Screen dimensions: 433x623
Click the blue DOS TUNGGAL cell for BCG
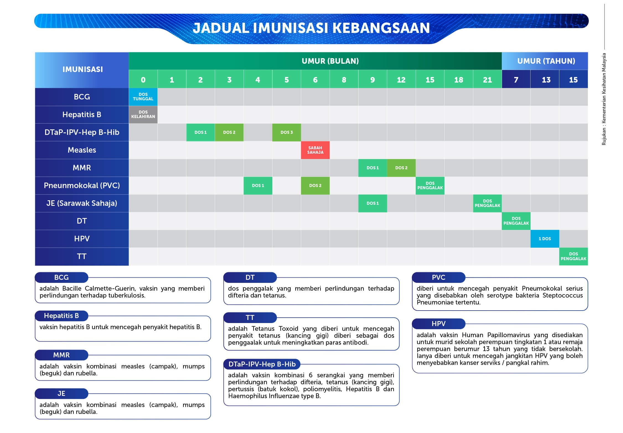(x=143, y=97)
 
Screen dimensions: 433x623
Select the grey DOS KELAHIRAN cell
(x=143, y=114)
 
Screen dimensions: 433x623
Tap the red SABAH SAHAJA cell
(x=315, y=150)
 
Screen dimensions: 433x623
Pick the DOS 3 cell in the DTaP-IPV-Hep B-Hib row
(x=286, y=132)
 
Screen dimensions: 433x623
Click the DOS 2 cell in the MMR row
(x=401, y=168)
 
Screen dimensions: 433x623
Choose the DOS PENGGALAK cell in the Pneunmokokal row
(x=430, y=186)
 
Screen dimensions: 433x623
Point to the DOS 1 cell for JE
(x=373, y=203)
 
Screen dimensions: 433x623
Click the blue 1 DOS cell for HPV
(x=545, y=239)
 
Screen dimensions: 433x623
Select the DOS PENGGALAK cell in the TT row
(x=573, y=257)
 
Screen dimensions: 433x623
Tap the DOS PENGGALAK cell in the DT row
(x=516, y=221)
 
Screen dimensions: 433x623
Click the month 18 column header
(x=459, y=80)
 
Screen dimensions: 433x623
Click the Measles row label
(x=82, y=150)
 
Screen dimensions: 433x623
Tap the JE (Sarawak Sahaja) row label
(x=82, y=203)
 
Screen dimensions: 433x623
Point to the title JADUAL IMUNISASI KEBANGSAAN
(x=311, y=28)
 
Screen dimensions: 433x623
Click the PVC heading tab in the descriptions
(x=438, y=278)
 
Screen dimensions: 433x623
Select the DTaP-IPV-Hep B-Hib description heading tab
(x=262, y=364)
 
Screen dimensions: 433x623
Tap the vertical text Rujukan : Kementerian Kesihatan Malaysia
(x=604, y=99)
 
